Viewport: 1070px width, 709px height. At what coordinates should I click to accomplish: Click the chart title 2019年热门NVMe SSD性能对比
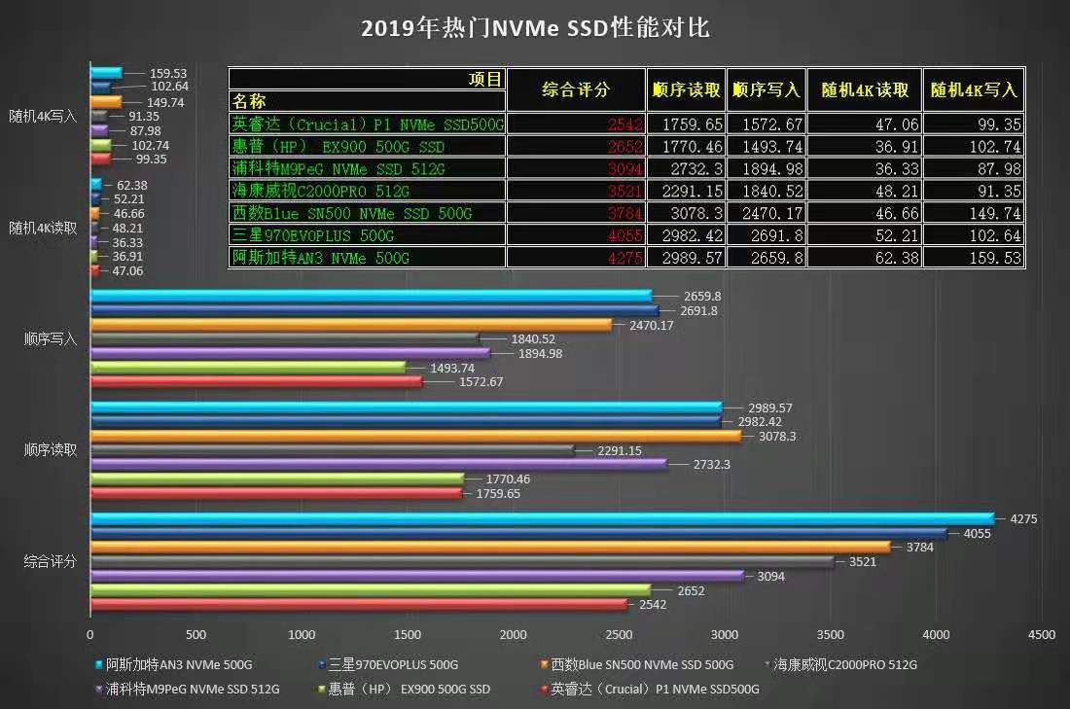[x=535, y=28]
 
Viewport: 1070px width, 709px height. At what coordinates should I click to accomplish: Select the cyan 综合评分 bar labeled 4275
[x=542, y=519]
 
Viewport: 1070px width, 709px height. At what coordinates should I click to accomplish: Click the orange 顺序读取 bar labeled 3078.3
[x=415, y=437]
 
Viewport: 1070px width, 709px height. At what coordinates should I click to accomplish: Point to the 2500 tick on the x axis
[x=619, y=635]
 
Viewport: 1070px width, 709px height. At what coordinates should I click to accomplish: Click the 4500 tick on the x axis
[x=1041, y=635]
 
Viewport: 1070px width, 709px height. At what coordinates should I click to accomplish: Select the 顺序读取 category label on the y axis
[x=51, y=450]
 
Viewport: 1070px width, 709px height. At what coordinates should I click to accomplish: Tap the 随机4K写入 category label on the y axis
[x=43, y=115]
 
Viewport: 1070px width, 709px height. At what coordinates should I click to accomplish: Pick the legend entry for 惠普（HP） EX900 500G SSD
[x=409, y=690]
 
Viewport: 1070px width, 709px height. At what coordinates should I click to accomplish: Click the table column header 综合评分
[x=576, y=89]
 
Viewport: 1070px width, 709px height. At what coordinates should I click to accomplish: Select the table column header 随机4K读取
[x=865, y=89]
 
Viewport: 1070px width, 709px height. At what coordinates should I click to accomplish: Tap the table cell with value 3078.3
[x=685, y=213]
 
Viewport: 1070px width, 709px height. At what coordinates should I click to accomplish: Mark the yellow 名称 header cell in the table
[x=249, y=101]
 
